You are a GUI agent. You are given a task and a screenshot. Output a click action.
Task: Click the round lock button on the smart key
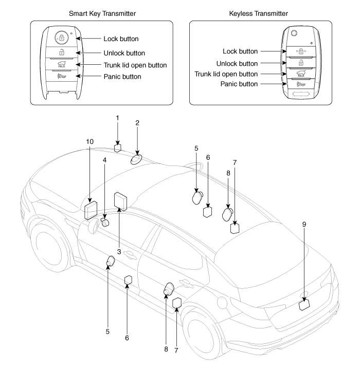coord(61,38)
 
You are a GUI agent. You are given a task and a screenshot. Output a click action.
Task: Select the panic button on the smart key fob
coord(61,77)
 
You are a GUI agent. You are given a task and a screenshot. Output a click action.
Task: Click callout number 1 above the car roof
coord(117,118)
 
